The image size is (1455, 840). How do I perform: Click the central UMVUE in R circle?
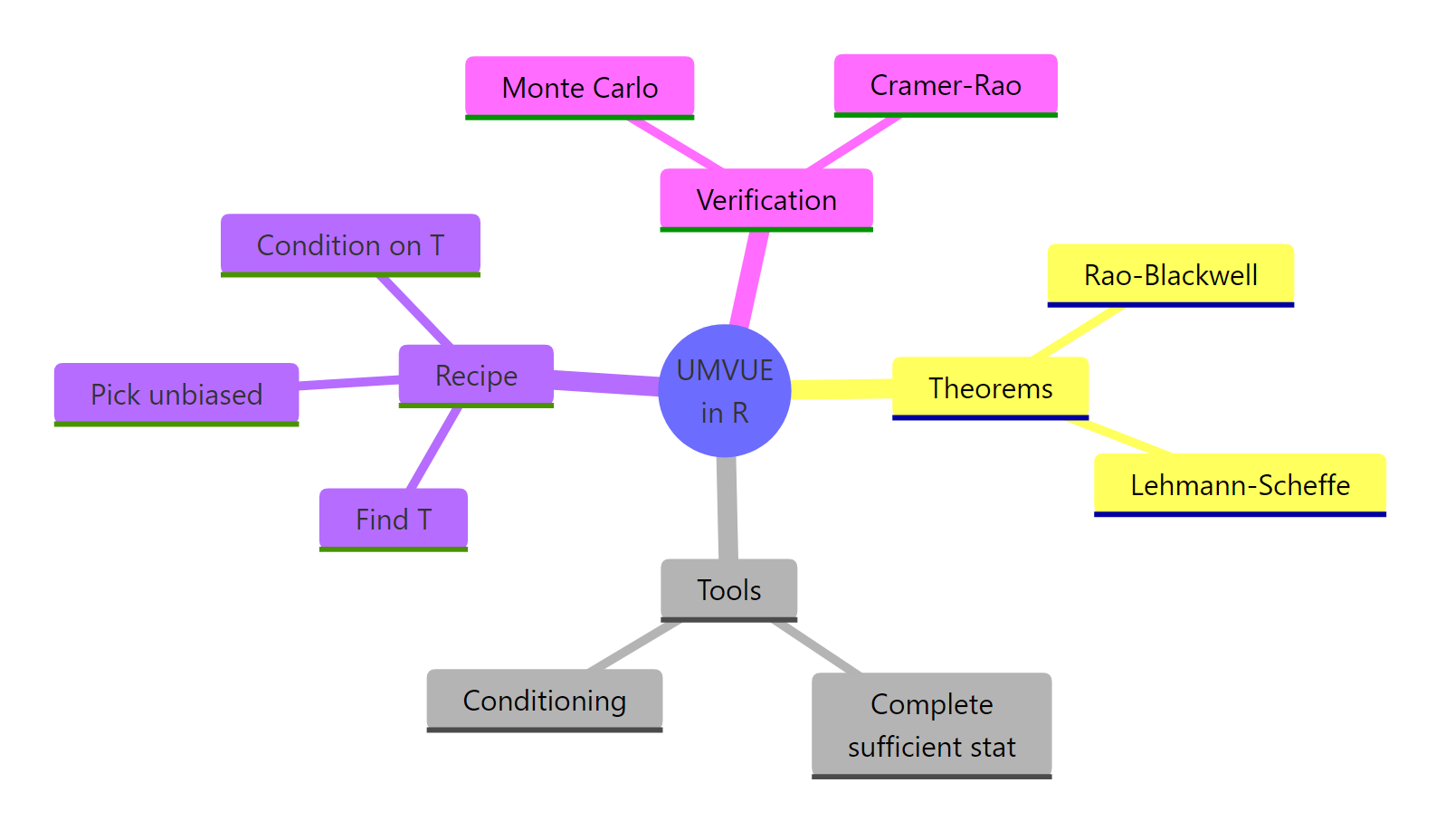tap(725, 391)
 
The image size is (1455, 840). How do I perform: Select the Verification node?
tap(766, 199)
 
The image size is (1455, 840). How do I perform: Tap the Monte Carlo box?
tap(579, 87)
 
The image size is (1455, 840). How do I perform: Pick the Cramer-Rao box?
tap(945, 85)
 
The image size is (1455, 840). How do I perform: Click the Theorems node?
tap(990, 387)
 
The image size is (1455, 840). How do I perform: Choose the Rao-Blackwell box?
tap(1170, 274)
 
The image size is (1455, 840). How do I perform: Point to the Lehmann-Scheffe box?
tap(1240, 484)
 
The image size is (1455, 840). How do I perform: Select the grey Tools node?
tap(728, 589)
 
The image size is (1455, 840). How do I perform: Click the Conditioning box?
tap(544, 700)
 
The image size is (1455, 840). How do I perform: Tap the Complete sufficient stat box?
tap(931, 724)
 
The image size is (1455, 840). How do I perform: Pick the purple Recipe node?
tap(476, 375)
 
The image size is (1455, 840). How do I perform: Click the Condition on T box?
tap(350, 244)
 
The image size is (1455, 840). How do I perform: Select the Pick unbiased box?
tap(176, 394)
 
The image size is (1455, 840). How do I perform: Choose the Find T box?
tap(393, 519)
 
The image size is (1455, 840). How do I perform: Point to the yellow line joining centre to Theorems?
tap(842, 389)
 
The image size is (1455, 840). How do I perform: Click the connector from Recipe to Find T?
tap(435, 448)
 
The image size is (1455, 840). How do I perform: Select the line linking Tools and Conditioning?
tap(633, 645)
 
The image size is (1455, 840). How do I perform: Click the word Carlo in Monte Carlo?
tap(623, 88)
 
